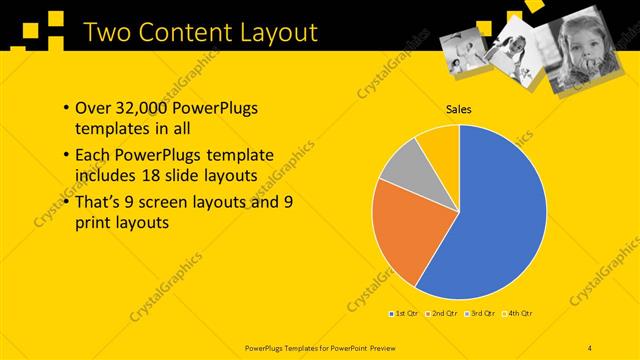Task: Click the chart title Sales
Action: coord(459,110)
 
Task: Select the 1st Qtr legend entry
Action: coord(403,314)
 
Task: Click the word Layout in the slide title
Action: coord(268,32)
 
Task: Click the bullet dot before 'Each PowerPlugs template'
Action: coord(66,156)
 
